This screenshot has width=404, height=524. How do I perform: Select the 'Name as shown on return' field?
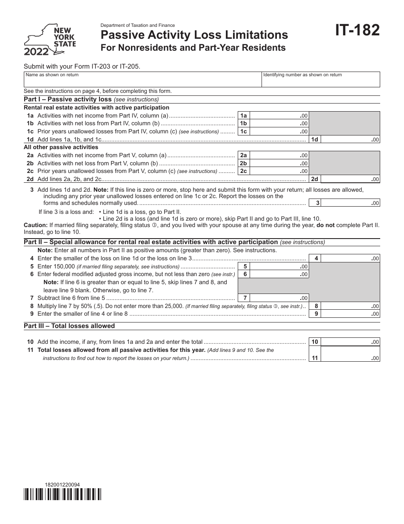[142, 80]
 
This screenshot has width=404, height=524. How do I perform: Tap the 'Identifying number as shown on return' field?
[320, 80]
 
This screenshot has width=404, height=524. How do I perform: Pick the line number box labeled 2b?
[244, 163]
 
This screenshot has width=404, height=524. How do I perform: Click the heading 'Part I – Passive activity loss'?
[68, 99]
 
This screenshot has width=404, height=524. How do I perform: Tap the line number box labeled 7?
[245, 298]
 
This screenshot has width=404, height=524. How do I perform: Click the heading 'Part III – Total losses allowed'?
[69, 326]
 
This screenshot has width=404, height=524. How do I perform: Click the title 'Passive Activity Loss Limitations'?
[194, 35]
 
